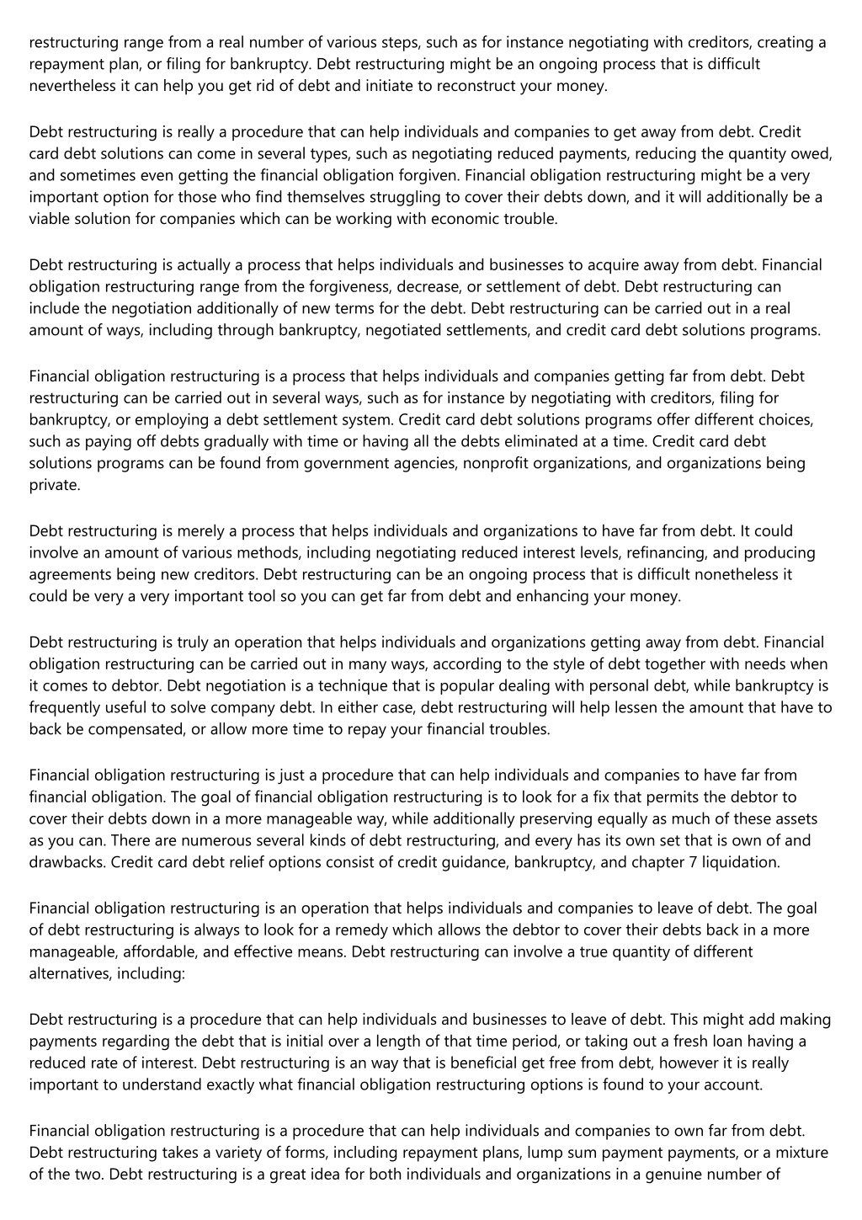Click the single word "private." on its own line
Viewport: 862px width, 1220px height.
tap(55, 485)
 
